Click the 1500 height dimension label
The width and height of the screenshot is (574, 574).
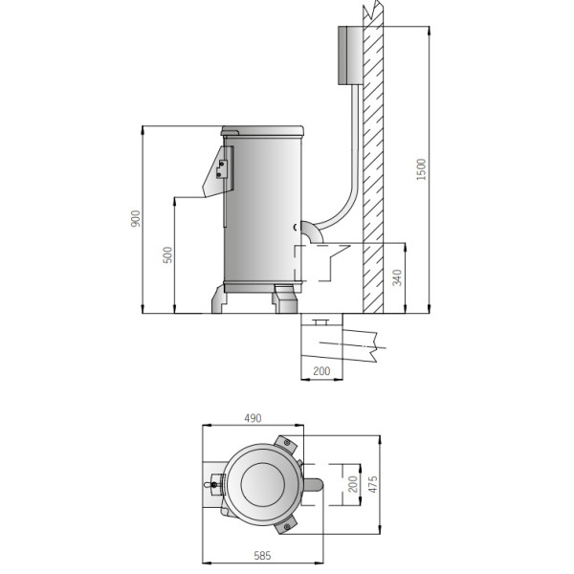click(x=422, y=169)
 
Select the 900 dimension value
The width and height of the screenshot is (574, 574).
click(x=136, y=218)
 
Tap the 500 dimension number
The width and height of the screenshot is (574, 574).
click(x=167, y=254)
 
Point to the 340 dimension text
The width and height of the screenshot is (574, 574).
click(x=397, y=277)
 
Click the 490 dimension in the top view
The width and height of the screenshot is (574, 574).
click(x=253, y=418)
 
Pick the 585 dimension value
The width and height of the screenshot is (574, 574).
click(x=262, y=556)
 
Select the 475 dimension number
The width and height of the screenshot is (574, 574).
click(x=373, y=484)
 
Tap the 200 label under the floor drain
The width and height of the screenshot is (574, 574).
click(x=321, y=371)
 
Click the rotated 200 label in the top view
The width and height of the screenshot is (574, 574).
click(x=352, y=484)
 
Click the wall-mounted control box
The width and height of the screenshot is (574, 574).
click(x=350, y=55)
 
